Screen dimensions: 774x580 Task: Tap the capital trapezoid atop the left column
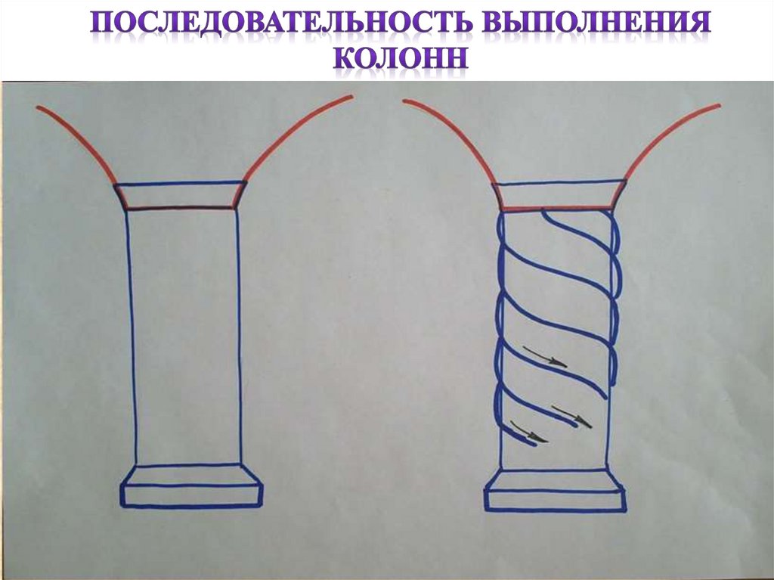click(181, 195)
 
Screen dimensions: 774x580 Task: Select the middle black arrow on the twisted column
click(571, 414)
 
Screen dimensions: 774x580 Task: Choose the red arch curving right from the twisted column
click(669, 136)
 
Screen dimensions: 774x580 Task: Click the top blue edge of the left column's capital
click(181, 182)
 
